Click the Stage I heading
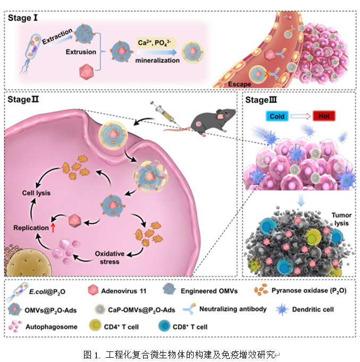25,18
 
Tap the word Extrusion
81,52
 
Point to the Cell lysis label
36,192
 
